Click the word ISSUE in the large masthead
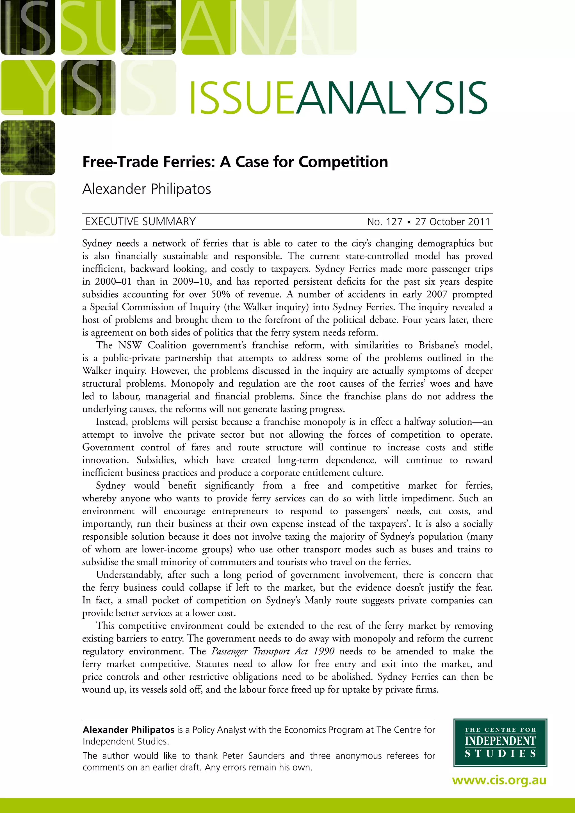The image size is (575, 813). (x=242, y=98)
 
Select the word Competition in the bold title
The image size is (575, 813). (x=343, y=162)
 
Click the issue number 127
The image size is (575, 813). (x=394, y=222)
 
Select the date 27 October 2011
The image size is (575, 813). (x=453, y=222)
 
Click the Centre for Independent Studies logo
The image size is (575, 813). (x=500, y=743)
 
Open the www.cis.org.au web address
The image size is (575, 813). (x=499, y=780)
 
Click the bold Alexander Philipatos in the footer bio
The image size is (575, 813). (x=129, y=730)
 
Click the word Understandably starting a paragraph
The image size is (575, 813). (x=129, y=575)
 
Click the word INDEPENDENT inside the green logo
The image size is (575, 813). (x=500, y=741)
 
